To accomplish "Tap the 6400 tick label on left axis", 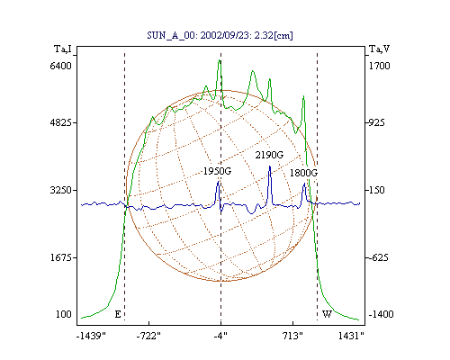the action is [60, 66].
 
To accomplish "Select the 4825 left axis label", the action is [60, 122].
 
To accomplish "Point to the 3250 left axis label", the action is [60, 190].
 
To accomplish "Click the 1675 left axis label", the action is [60, 257].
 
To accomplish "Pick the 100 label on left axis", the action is [64, 314].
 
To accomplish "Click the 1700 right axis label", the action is [379, 66].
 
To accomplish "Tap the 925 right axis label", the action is [377, 122].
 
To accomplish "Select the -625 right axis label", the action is [379, 257].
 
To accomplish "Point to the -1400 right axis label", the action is [381, 314].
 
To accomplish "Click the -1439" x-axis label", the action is [91, 336].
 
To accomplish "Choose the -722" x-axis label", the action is [148, 336].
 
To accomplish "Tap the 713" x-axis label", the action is [292, 336].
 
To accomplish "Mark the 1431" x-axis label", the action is [351, 336].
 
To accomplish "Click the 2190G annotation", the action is [269, 155].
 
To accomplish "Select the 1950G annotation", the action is [217, 171].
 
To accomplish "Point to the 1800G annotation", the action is [303, 173].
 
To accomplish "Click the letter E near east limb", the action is [118, 314].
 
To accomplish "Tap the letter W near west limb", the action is [327, 314].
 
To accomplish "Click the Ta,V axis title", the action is [379, 49].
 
